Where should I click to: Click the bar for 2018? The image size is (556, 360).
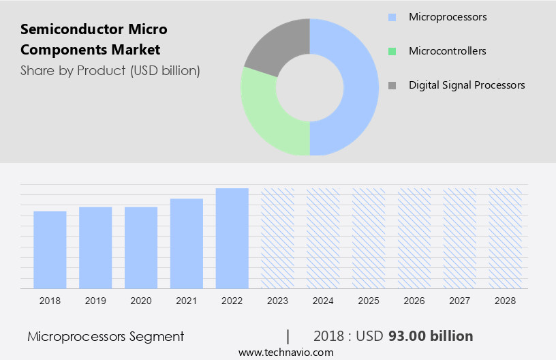[50, 250]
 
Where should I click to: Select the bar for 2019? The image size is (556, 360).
[95, 247]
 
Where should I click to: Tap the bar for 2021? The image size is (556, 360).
[187, 243]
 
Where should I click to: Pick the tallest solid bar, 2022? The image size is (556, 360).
[232, 238]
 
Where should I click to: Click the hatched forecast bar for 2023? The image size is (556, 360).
[278, 238]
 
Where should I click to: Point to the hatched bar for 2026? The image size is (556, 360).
[415, 238]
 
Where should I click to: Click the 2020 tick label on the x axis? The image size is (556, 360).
[141, 300]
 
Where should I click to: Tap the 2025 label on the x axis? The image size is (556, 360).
[369, 300]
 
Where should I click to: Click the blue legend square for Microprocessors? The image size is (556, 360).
[392, 17]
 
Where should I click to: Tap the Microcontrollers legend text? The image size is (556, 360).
[447, 51]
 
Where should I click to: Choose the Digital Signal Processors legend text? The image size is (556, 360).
[467, 85]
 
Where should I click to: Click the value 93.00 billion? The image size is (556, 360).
[431, 336]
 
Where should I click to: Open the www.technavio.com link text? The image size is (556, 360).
[285, 352]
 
